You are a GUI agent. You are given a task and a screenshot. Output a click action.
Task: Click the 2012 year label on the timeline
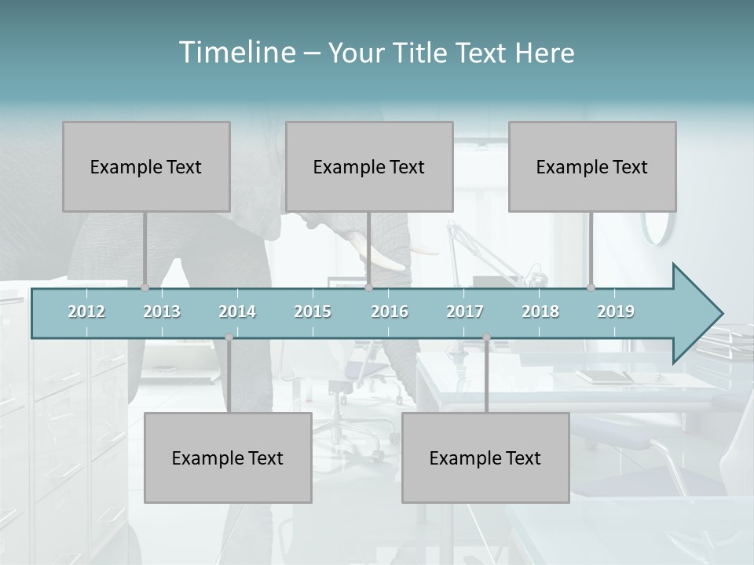click(86, 312)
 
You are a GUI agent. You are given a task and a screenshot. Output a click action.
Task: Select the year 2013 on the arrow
click(162, 312)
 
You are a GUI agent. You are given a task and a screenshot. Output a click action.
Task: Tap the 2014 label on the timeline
click(237, 312)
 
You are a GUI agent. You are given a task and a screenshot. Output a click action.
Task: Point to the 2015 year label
click(313, 312)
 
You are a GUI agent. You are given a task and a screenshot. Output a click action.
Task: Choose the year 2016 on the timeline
click(390, 312)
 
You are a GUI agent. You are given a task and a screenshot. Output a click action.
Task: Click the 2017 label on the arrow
click(465, 312)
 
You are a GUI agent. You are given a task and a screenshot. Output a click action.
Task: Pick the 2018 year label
click(540, 312)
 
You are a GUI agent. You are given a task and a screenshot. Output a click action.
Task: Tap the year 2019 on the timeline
click(616, 312)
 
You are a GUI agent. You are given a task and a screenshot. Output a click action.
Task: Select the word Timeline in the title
click(236, 53)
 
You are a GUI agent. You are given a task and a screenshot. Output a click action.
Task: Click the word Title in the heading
click(423, 53)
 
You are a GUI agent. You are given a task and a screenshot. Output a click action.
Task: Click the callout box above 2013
click(146, 166)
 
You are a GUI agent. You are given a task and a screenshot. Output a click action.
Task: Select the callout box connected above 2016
click(369, 166)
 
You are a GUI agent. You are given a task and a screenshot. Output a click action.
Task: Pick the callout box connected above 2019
click(592, 166)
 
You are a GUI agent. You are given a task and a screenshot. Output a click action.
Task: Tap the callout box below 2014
click(228, 457)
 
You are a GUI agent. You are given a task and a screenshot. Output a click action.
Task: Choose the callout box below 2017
click(485, 457)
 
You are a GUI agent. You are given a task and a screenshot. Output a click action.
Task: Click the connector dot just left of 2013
click(145, 288)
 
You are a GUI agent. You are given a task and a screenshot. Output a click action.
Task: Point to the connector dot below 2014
click(229, 337)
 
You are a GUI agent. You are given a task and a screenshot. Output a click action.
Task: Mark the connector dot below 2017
click(486, 337)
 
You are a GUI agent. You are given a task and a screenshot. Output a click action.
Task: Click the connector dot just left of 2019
click(591, 288)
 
